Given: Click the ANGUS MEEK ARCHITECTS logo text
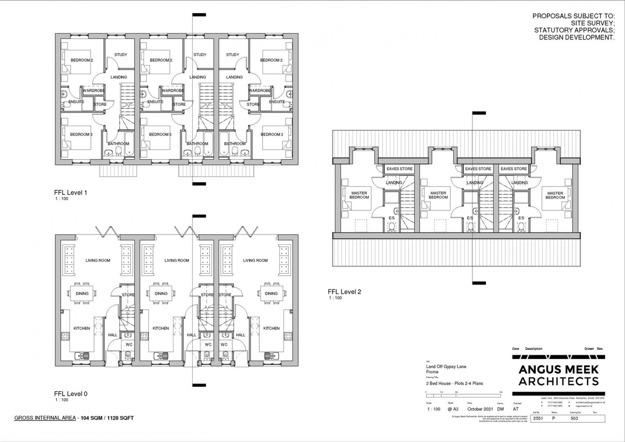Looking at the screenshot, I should [x=558, y=375].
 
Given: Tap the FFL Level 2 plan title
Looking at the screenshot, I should [x=344, y=292].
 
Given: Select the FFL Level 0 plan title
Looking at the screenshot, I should [x=71, y=394].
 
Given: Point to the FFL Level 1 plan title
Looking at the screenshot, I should [x=70, y=193].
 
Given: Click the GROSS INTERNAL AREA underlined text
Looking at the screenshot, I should [x=45, y=418].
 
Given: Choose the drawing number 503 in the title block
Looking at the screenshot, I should [x=574, y=418].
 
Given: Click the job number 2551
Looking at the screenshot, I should [x=538, y=418].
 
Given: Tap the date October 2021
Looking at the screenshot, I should [x=480, y=409].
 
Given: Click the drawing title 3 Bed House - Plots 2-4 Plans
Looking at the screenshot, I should [x=455, y=383].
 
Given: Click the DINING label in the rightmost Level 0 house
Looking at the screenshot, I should [x=271, y=294].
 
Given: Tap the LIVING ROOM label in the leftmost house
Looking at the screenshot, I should [x=98, y=260].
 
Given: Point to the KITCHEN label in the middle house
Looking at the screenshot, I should [x=161, y=328].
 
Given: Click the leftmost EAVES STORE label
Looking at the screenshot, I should [x=400, y=169].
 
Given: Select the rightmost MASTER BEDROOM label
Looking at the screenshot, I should [x=555, y=195].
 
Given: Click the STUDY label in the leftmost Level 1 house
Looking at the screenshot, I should [x=121, y=55].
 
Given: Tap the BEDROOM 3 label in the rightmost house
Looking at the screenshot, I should [x=272, y=134].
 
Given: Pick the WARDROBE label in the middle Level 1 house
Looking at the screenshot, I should [x=173, y=91].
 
